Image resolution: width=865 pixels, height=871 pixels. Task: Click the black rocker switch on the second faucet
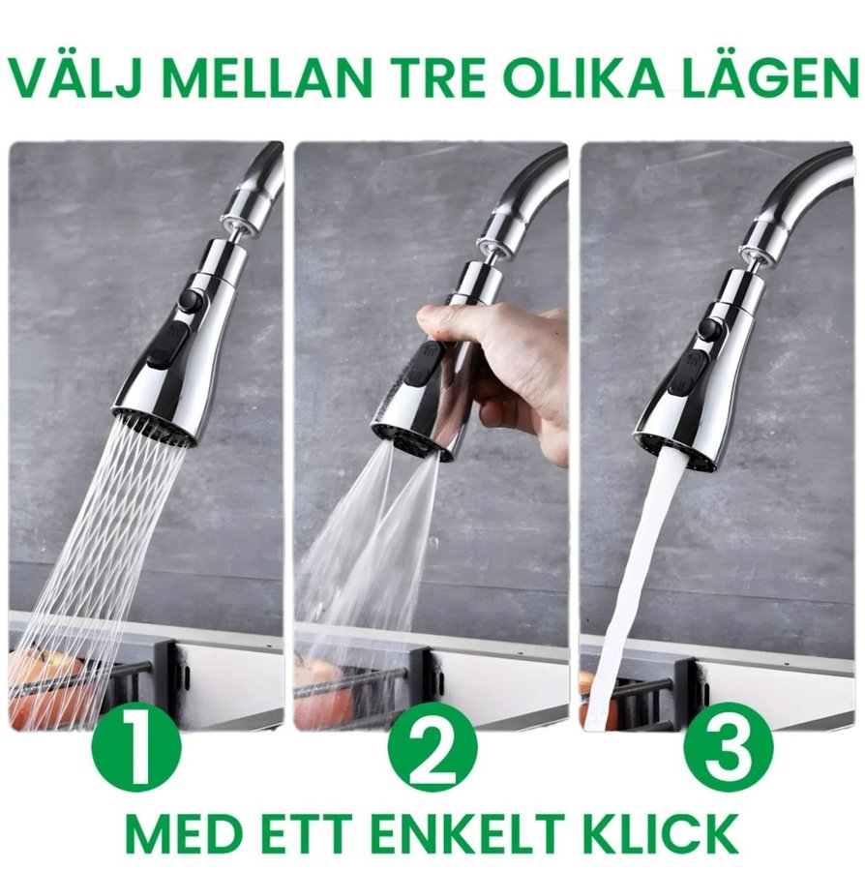point(425,366)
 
